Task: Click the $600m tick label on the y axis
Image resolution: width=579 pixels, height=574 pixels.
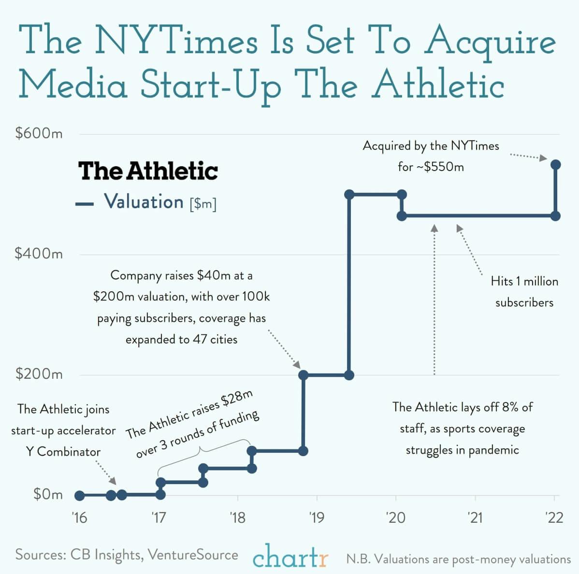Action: pyautogui.click(x=39, y=133)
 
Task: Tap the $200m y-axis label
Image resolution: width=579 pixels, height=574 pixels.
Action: pyautogui.click(x=39, y=374)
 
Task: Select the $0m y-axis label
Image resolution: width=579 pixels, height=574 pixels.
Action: pyautogui.click(x=47, y=494)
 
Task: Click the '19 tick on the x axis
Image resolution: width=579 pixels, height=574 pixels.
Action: pyautogui.click(x=317, y=518)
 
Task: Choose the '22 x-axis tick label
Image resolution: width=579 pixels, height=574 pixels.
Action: pyautogui.click(x=554, y=518)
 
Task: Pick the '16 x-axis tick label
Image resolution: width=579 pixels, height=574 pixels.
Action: pyautogui.click(x=79, y=518)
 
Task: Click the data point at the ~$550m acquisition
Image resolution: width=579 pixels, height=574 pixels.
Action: pyautogui.click(x=555, y=165)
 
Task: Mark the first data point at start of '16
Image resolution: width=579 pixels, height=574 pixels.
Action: pyautogui.click(x=80, y=495)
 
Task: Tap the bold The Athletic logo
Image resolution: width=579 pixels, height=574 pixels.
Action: pyautogui.click(x=148, y=171)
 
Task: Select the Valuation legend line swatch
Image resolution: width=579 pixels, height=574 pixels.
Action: pyautogui.click(x=85, y=204)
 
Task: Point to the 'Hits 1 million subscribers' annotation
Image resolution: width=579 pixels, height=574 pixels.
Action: pyautogui.click(x=524, y=291)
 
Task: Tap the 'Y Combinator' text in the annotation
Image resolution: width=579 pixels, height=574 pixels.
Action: pyautogui.click(x=63, y=452)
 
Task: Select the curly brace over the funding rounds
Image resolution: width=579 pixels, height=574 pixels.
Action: pyautogui.click(x=203, y=452)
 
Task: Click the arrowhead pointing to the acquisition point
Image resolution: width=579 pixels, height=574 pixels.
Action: pyautogui.click(x=543, y=158)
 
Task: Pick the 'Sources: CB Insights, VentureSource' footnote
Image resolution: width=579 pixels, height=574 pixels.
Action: pyautogui.click(x=127, y=555)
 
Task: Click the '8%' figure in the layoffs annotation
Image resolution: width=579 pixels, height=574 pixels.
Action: pyautogui.click(x=510, y=407)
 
